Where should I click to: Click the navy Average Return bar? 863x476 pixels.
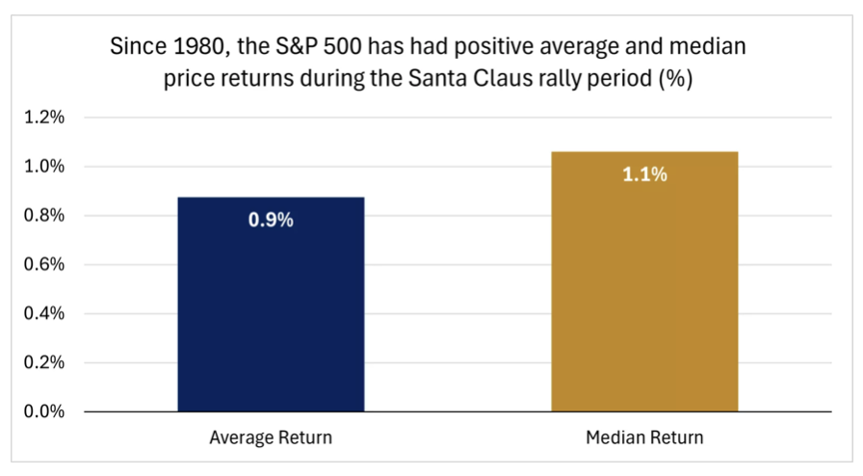[271, 304]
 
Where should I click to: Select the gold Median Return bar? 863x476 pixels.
[644, 281]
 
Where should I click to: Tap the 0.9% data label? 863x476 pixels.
[271, 220]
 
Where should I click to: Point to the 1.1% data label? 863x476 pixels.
[644, 174]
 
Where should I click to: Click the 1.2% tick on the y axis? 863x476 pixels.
[44, 117]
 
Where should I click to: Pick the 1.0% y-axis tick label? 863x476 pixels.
[44, 166]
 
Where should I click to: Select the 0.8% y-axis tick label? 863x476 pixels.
[44, 215]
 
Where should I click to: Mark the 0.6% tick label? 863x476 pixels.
[44, 264]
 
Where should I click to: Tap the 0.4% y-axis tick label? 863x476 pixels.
[44, 313]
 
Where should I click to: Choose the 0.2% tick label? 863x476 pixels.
[44, 362]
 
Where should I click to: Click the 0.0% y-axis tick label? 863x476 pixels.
[44, 411]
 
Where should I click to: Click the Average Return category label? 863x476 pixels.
[271, 437]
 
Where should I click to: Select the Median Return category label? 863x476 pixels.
[644, 437]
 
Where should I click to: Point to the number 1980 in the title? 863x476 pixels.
[199, 46]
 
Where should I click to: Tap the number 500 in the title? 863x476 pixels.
[342, 46]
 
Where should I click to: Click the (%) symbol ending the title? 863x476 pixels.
[675, 79]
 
